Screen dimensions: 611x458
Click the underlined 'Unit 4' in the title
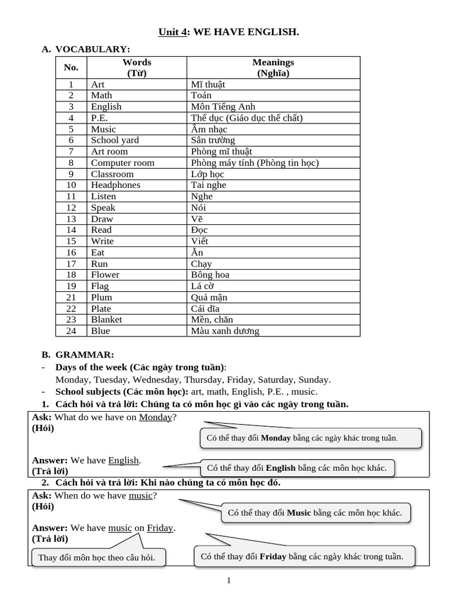[172, 31]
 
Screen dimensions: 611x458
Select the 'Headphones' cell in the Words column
[116, 185]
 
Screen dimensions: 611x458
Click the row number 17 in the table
[71, 264]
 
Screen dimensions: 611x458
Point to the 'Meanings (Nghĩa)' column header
[273, 67]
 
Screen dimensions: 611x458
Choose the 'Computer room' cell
[122, 163]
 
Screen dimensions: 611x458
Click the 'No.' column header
[71, 67]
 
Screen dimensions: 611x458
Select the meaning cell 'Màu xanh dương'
[225, 331]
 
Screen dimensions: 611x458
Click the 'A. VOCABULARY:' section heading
[86, 49]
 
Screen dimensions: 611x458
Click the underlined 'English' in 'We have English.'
[123, 460]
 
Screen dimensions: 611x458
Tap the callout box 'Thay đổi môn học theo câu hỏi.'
[97, 557]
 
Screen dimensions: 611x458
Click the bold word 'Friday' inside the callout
[273, 557]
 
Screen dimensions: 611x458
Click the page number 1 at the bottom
[228, 580]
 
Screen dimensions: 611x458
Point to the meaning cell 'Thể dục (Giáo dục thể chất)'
[246, 118]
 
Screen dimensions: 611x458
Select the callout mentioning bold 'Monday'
[310, 438]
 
